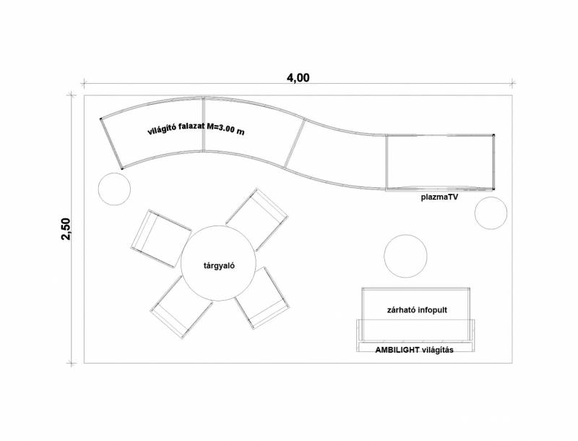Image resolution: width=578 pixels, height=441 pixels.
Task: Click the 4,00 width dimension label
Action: [x=298, y=78]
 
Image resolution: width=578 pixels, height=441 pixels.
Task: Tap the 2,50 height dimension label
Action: [x=66, y=229]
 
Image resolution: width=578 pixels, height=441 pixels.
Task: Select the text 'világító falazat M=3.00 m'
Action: [x=196, y=129]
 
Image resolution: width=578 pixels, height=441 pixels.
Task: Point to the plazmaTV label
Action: [x=439, y=197]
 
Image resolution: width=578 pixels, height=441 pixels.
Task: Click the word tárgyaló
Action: [x=220, y=265]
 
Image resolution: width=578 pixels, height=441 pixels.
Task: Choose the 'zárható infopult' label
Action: [x=417, y=309]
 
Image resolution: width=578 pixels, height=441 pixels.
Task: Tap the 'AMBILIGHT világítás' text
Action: [x=414, y=350]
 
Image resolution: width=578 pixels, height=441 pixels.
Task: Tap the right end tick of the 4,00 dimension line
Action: [x=512, y=83]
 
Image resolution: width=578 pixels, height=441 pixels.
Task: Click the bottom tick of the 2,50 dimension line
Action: [x=72, y=363]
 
